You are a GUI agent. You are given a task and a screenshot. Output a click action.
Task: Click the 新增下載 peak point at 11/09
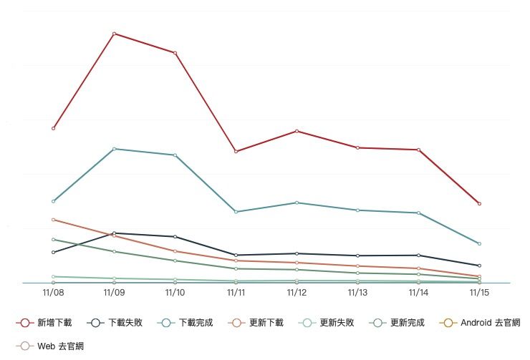pos(115,34)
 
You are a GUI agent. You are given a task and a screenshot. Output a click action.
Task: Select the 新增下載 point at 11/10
pos(175,53)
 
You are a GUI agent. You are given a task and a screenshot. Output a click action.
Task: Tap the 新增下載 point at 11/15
pos(479,204)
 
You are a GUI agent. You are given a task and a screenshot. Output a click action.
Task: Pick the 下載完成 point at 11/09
pos(115,149)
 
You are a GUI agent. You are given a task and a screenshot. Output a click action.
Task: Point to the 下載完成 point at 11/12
pos(297,203)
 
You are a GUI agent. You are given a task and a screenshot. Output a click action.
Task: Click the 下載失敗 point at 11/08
pos(54,252)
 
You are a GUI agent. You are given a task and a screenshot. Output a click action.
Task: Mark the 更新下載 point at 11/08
pos(54,220)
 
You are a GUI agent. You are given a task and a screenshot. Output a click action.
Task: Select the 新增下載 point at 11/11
pos(236,152)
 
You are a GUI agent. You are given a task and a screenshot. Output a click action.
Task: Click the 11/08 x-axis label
pos(54,293)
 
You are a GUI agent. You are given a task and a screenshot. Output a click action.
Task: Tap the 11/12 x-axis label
pos(297,293)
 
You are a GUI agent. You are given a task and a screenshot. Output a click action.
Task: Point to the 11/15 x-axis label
pos(479,293)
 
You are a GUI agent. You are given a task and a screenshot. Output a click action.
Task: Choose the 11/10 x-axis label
pos(175,293)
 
